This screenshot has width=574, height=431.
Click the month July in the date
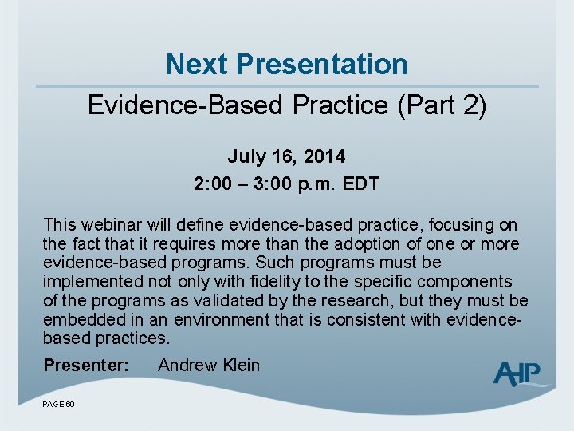(x=245, y=156)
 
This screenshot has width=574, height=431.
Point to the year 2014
(x=324, y=156)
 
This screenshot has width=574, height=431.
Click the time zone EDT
(x=360, y=184)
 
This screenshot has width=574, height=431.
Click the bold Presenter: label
(x=85, y=366)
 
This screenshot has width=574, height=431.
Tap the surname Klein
(x=241, y=366)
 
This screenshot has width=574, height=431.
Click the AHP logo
(x=518, y=373)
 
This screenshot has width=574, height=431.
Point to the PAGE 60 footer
(x=58, y=405)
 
